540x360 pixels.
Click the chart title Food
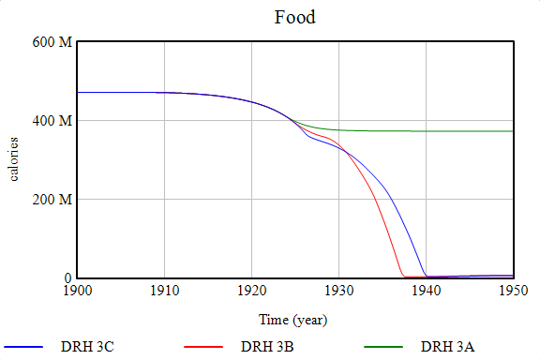(x=295, y=18)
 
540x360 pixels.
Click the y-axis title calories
(x=14, y=159)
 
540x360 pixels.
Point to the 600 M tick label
(x=52, y=42)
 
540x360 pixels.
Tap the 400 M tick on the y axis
(x=52, y=121)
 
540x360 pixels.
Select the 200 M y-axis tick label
(x=52, y=200)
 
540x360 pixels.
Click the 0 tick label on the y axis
(x=67, y=278)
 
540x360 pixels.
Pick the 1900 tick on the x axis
(x=77, y=291)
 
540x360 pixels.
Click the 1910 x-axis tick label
(x=164, y=291)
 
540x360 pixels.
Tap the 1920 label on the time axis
(x=251, y=291)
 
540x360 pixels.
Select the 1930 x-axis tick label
(x=338, y=291)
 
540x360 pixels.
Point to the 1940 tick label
(x=426, y=291)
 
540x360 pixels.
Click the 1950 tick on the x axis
(x=512, y=291)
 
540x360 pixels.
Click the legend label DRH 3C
(x=88, y=347)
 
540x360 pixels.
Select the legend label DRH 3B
(x=268, y=347)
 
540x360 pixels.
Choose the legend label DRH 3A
(x=448, y=347)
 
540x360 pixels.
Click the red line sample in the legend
(x=202, y=347)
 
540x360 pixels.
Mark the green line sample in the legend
(x=382, y=347)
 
